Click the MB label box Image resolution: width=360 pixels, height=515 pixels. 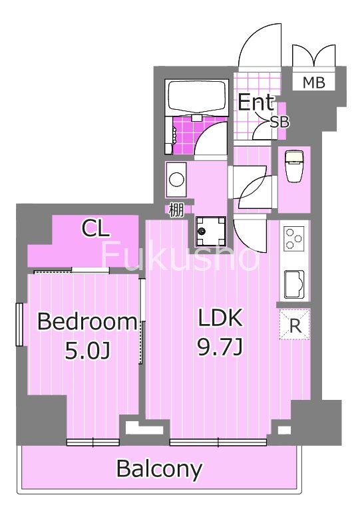point(313,82)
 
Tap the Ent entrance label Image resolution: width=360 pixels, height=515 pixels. point(256,102)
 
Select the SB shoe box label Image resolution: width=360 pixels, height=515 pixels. point(279,122)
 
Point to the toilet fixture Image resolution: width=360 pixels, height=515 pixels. point(294,166)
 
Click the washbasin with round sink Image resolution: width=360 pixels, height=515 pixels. point(176,180)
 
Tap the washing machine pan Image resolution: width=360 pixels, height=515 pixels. point(210,232)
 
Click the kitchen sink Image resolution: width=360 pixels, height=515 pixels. point(294,284)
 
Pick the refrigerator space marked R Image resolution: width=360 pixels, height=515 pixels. point(295,324)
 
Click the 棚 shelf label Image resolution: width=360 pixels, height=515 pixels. point(176,210)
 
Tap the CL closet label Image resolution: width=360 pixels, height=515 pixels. point(95,229)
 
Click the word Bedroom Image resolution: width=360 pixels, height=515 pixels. point(87,322)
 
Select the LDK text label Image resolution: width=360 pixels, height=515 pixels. point(220,317)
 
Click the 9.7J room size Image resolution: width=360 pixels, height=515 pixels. point(220,347)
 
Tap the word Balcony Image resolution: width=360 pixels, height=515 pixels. point(159,469)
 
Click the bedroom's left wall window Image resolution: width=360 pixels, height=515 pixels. point(19,325)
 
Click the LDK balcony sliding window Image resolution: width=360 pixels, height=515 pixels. point(218,442)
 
